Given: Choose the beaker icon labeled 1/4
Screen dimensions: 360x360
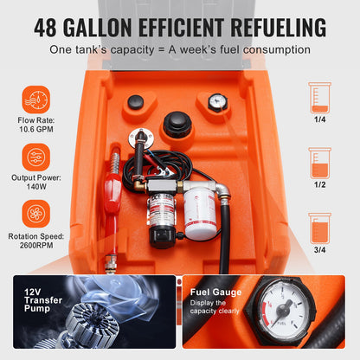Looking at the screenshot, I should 320,100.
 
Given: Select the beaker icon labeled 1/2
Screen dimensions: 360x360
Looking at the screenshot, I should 320,163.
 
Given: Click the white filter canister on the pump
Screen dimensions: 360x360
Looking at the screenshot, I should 201,212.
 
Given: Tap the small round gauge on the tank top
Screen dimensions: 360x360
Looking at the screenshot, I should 216,102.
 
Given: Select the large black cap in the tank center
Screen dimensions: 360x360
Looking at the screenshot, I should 177,124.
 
